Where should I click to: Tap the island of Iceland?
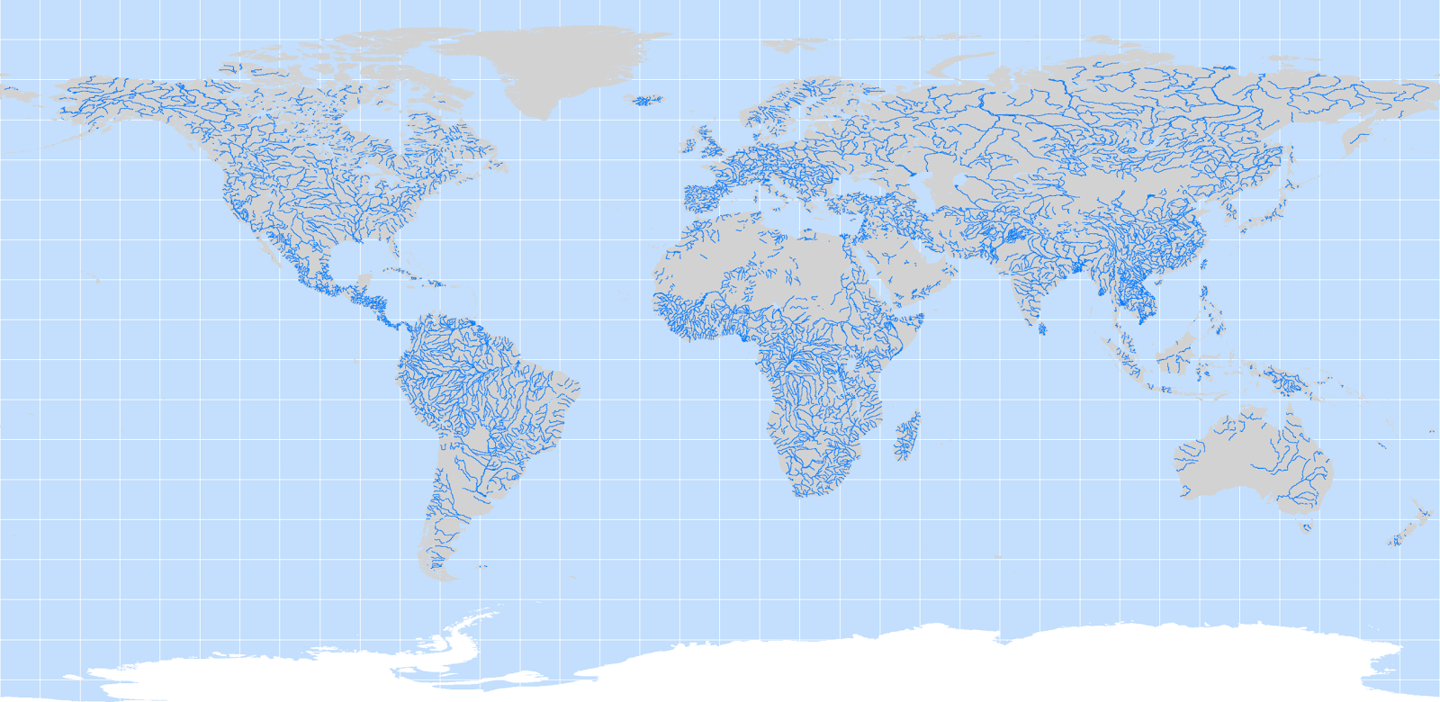[645, 100]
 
